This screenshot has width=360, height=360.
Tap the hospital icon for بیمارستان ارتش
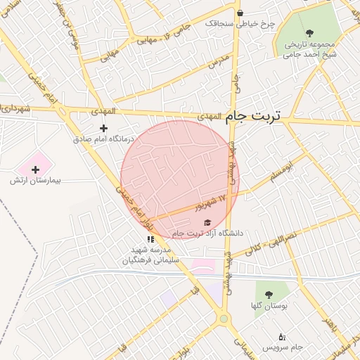point(35,169)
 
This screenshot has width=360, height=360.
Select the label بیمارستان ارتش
point(35,181)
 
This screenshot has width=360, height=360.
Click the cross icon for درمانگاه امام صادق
point(104,128)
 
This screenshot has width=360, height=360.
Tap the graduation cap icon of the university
point(207,222)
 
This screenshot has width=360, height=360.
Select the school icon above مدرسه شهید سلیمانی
point(150,239)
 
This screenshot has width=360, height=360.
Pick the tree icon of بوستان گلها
point(267,294)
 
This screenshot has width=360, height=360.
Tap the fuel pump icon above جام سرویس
point(282,337)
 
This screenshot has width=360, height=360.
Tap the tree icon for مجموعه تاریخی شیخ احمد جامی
point(309,32)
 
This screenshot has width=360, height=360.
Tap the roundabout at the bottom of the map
point(224,319)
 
